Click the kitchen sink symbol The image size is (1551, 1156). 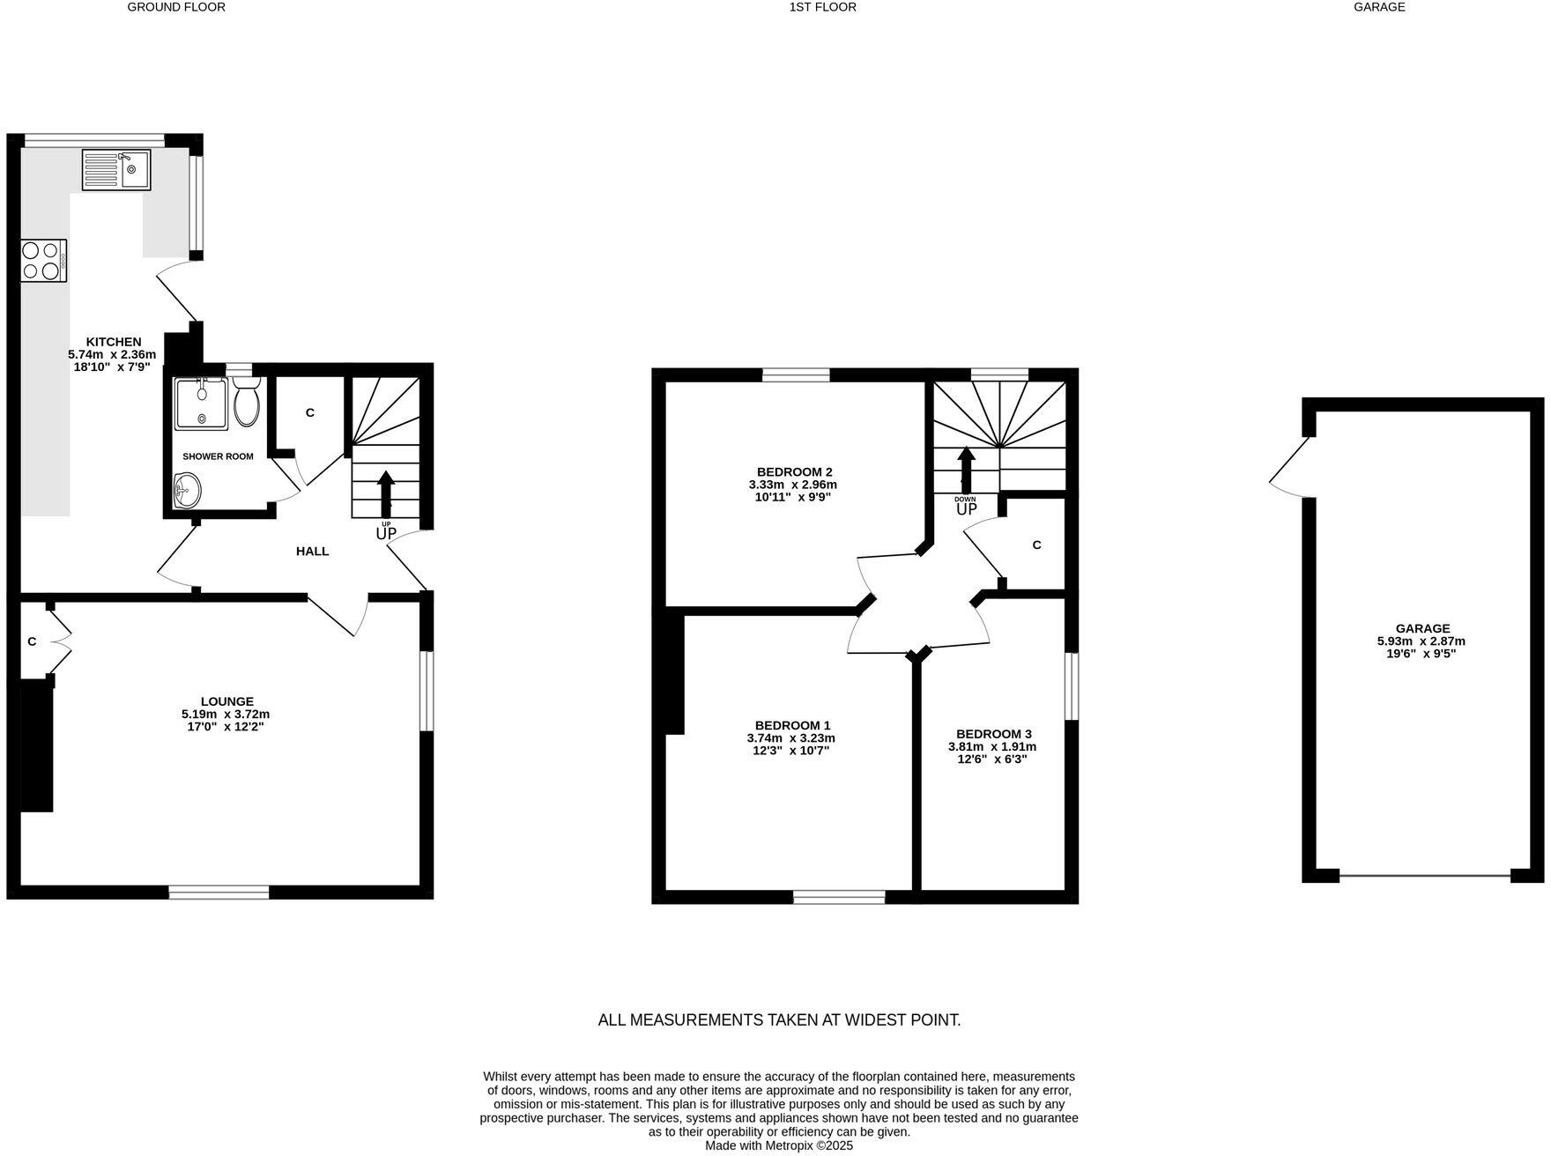pyautogui.click(x=116, y=169)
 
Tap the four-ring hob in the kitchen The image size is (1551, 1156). pyautogui.click(x=43, y=261)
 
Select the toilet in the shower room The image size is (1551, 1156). pyautogui.click(x=246, y=404)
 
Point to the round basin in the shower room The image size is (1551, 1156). pyautogui.click(x=187, y=490)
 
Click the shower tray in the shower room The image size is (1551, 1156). pyautogui.click(x=201, y=404)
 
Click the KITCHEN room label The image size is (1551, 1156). pyautogui.click(x=113, y=342)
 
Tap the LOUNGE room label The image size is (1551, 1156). pyautogui.click(x=226, y=701)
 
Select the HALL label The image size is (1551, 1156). pyautogui.click(x=312, y=552)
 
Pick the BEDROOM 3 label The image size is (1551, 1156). pyautogui.click(x=993, y=734)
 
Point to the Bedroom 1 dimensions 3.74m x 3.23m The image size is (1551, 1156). pyautogui.click(x=790, y=738)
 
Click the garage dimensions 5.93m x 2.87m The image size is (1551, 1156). pyautogui.click(x=1421, y=641)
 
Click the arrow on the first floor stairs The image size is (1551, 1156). pyautogui.click(x=966, y=470)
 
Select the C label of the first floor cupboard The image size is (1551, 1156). pyautogui.click(x=1036, y=545)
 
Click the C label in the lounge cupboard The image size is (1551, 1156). pyautogui.click(x=32, y=641)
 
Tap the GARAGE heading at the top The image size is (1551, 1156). pyautogui.click(x=1379, y=7)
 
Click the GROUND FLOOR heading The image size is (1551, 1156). pyautogui.click(x=176, y=7)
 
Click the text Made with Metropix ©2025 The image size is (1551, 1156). pyautogui.click(x=778, y=1146)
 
